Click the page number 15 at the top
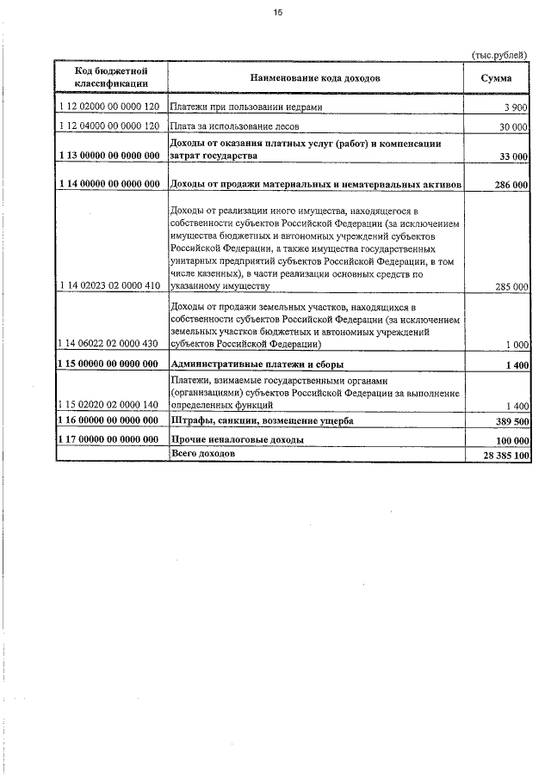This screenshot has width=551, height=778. pyautogui.click(x=277, y=13)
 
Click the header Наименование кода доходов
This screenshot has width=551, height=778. pyautogui.click(x=315, y=78)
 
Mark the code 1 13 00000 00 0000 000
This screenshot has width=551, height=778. pyautogui.click(x=110, y=156)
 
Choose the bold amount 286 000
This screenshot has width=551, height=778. pyautogui.click(x=510, y=184)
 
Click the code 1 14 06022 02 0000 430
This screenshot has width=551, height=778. pyautogui.click(x=110, y=344)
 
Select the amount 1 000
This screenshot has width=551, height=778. pyautogui.click(x=515, y=345)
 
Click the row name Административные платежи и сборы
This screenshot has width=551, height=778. pyautogui.click(x=251, y=364)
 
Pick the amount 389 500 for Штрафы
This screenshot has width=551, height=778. pyautogui.click(x=510, y=421)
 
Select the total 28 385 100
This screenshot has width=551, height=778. pyautogui.click(x=505, y=454)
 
